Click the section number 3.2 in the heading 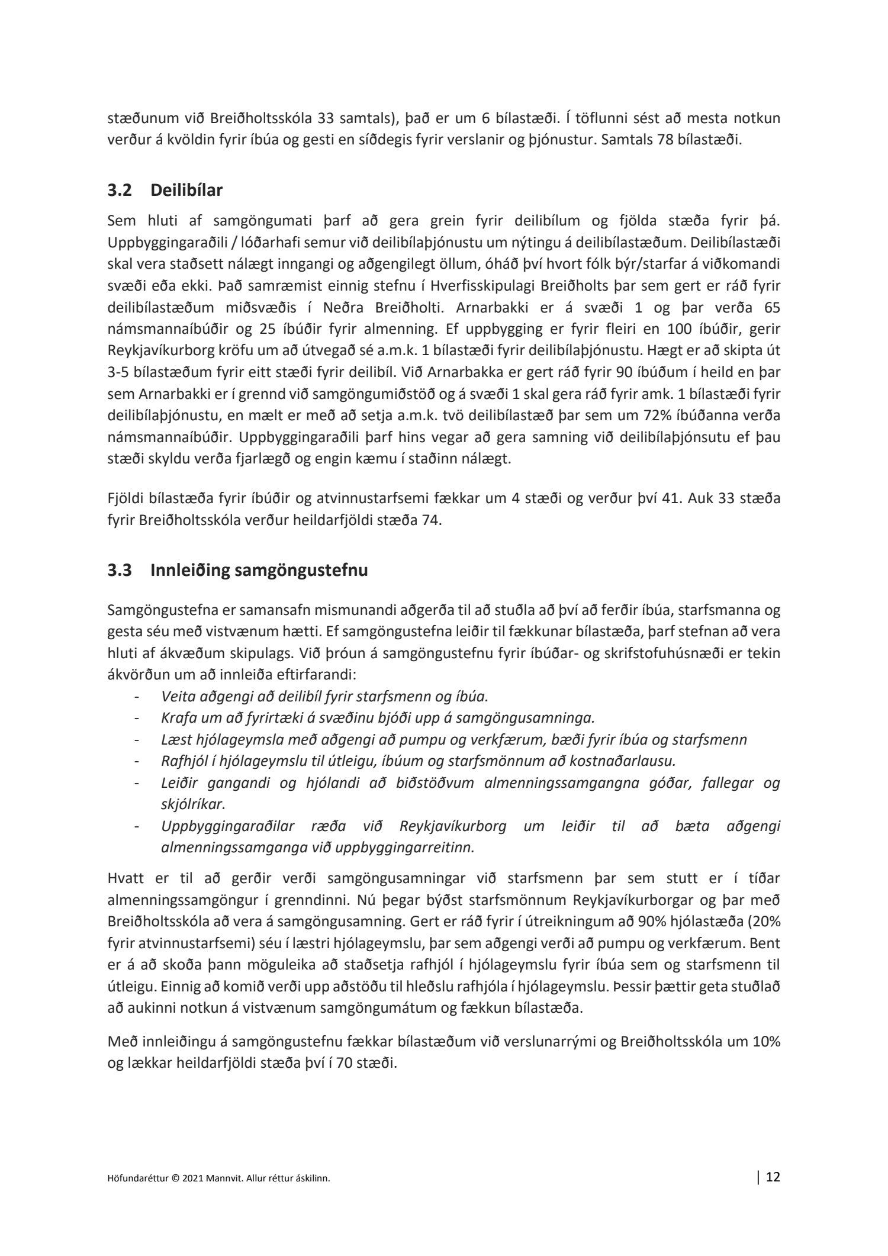tap(120, 191)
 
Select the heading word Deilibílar tap(186, 191)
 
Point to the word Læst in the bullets tap(173, 740)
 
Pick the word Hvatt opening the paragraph tap(125, 878)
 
